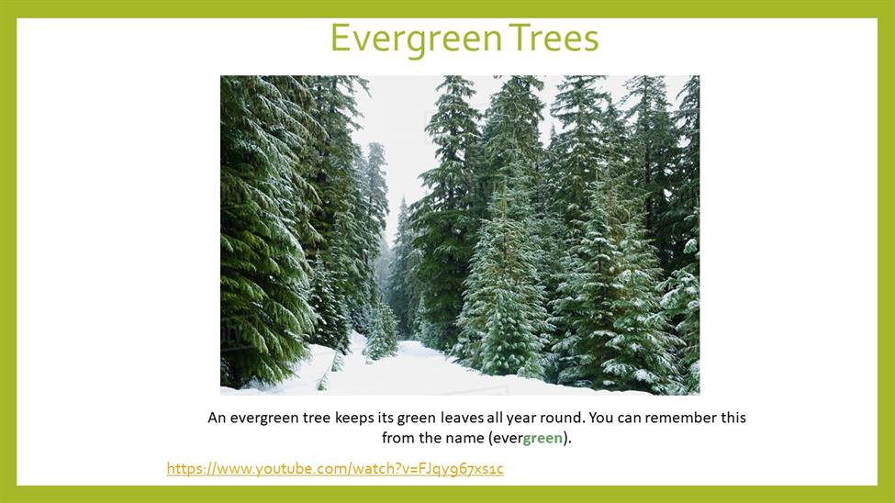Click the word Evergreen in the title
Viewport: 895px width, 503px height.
coord(416,39)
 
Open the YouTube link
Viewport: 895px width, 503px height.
coord(335,469)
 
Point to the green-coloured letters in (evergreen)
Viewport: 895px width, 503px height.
coord(543,439)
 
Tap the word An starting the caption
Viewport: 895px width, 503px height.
coord(217,418)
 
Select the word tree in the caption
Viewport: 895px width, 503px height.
coord(317,419)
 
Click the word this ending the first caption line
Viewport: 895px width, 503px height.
coord(733,418)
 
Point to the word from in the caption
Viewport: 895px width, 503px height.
coord(396,439)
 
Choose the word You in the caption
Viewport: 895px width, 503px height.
coord(601,418)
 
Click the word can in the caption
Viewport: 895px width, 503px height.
coord(630,419)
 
